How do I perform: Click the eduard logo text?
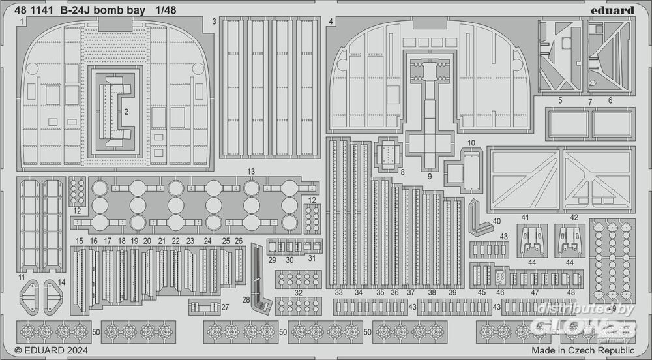click(x=615, y=10)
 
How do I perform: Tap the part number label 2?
click(x=126, y=112)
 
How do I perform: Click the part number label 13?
click(x=250, y=172)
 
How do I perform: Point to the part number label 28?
click(x=246, y=299)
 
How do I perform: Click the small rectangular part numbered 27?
click(x=203, y=307)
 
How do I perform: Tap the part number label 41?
click(x=524, y=218)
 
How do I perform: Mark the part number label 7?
click(x=590, y=102)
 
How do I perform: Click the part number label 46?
click(x=500, y=293)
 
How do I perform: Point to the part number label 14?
click(x=62, y=282)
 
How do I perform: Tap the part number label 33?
click(x=339, y=293)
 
